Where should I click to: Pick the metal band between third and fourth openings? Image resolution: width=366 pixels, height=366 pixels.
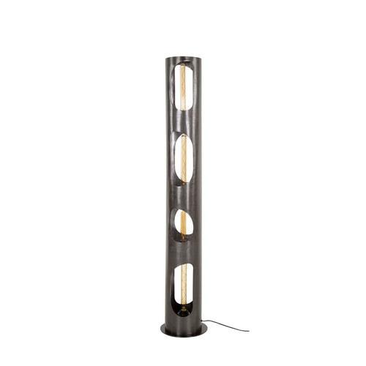tap(183, 253)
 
